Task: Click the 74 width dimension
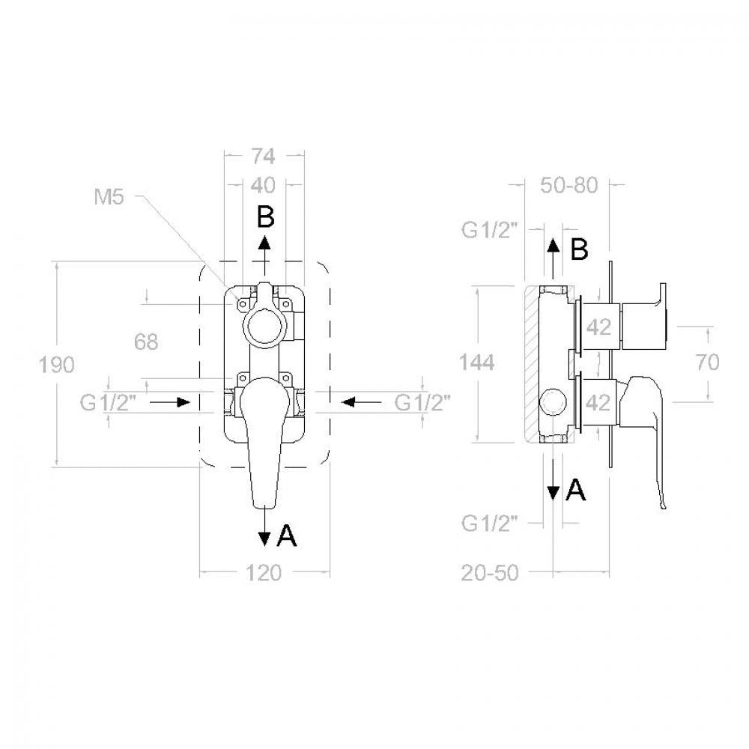[264, 157]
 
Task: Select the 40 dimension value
[264, 185]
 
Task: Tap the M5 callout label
[109, 196]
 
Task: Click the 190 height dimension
[56, 365]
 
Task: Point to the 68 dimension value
[146, 342]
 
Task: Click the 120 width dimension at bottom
[263, 573]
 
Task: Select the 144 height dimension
[476, 363]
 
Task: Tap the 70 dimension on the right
[707, 362]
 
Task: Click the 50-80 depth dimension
[569, 185]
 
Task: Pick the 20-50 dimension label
[490, 573]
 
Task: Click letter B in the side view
[580, 249]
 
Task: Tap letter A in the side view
[575, 490]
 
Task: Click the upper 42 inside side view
[598, 327]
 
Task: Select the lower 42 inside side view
[598, 403]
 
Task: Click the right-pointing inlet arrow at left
[170, 402]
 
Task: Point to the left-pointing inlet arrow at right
[362, 402]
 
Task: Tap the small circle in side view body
[553, 399]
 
